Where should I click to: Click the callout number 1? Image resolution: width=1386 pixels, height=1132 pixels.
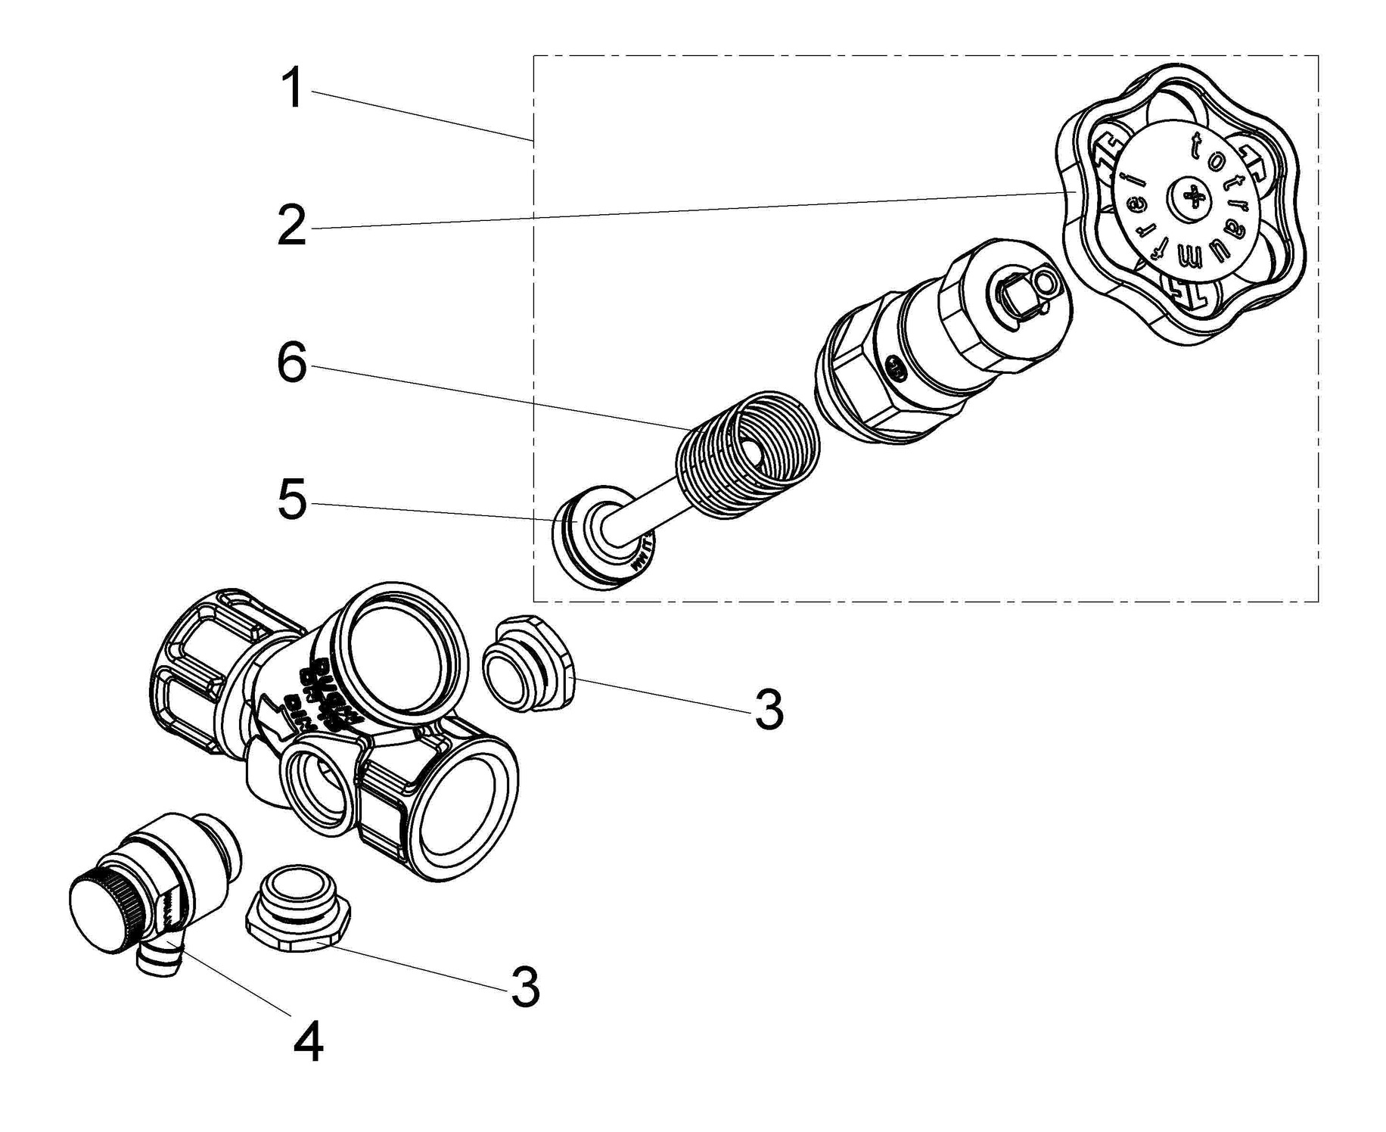(293, 89)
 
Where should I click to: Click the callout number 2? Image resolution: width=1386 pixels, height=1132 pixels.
(292, 225)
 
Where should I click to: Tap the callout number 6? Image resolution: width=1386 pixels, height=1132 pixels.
(292, 363)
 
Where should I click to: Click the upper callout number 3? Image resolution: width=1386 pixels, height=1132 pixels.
(769, 710)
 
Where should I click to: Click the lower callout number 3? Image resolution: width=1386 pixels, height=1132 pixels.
(525, 986)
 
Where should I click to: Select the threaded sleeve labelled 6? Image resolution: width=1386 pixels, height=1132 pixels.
(745, 456)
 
